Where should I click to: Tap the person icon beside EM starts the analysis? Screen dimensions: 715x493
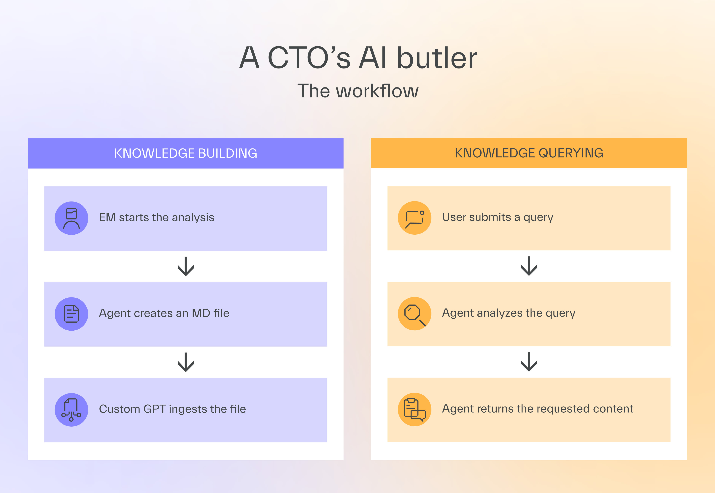(x=71, y=218)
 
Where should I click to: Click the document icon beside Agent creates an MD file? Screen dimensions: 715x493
(x=71, y=314)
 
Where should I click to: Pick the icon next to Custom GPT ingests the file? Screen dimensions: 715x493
(x=71, y=410)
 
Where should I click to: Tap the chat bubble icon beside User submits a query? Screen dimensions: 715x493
(x=414, y=218)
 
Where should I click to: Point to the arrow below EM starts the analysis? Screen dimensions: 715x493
(x=186, y=266)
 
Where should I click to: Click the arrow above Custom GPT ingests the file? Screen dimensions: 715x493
(x=186, y=362)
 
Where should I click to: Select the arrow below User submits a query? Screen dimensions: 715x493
(x=529, y=266)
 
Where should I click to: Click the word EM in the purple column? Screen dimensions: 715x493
(x=107, y=217)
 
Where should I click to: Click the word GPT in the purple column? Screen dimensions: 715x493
(x=155, y=409)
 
